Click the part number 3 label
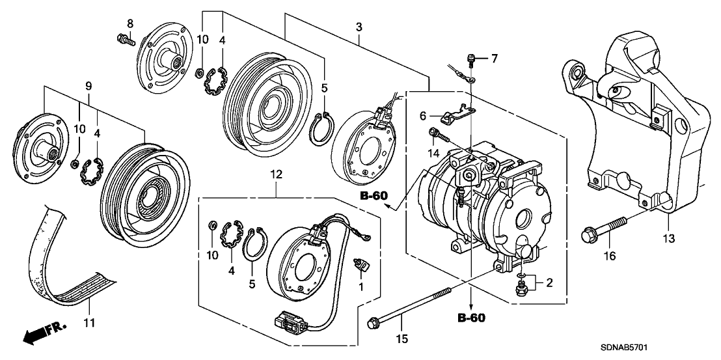click(359, 27)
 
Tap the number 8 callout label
click(130, 23)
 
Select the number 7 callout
click(495, 59)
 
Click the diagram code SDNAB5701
click(681, 348)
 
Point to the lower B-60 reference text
click(470, 318)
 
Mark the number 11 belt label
click(90, 322)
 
